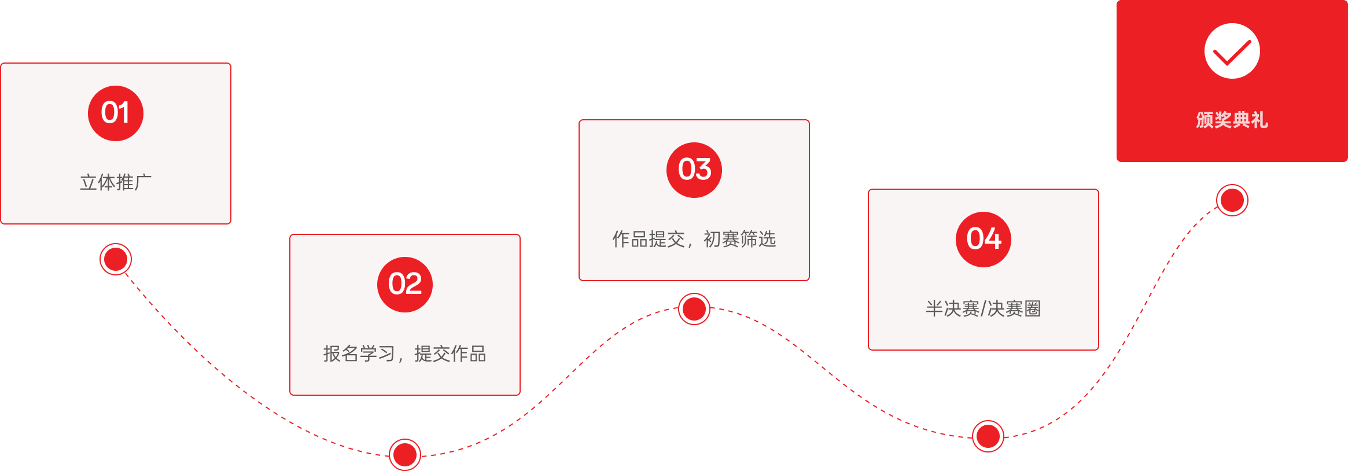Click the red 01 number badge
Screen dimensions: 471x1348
tap(116, 113)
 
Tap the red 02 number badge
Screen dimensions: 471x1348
tap(405, 285)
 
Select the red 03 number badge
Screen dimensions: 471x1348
tap(694, 170)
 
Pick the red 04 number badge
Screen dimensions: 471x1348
tap(984, 240)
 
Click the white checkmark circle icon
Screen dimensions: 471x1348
tap(1232, 51)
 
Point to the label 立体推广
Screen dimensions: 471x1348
tap(116, 182)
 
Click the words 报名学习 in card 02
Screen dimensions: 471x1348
tap(359, 354)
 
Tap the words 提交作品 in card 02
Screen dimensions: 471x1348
tap(450, 354)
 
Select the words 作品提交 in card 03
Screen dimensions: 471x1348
tap(649, 239)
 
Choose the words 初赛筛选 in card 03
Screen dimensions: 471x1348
tap(739, 239)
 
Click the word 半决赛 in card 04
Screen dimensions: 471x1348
tap(952, 308)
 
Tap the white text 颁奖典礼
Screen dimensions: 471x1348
tap(1232, 120)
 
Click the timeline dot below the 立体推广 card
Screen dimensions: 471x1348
tap(116, 259)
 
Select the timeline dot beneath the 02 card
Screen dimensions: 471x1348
tap(405, 454)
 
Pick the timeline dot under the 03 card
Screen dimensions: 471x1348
tap(694, 309)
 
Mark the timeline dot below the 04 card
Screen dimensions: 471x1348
tap(988, 436)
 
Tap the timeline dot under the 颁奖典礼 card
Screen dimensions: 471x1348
tap(1232, 200)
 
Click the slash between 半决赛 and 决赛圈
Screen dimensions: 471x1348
tap(984, 309)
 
